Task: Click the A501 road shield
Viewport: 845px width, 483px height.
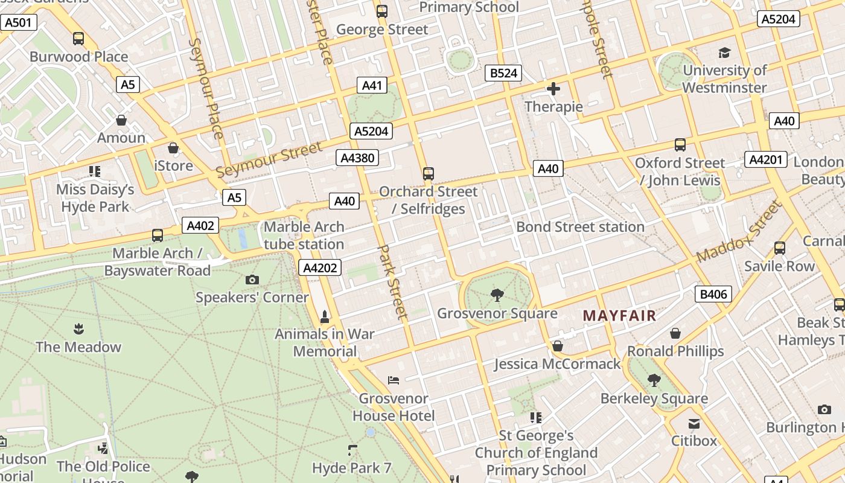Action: pos(19,23)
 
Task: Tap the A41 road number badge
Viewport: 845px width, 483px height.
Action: pos(372,85)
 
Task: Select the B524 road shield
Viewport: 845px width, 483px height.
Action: pos(503,73)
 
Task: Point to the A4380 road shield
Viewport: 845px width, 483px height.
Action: pos(357,158)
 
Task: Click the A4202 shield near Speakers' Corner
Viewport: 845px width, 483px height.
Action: pos(320,267)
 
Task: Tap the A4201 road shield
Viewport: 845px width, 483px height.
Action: pos(766,159)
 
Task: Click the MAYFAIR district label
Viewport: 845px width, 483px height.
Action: pos(619,315)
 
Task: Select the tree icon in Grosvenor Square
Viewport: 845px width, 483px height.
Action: pos(497,295)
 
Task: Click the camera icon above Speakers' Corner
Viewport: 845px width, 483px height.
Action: pos(252,280)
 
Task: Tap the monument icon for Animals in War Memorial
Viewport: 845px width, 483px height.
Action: pos(325,316)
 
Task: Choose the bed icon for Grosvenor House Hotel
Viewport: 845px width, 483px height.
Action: pos(394,380)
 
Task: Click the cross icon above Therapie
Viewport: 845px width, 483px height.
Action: pos(553,89)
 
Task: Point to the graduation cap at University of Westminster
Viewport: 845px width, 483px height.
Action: pos(724,53)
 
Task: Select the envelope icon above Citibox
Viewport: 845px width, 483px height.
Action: pos(694,424)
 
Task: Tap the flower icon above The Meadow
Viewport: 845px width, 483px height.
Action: pos(78,329)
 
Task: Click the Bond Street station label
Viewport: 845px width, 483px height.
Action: pos(580,227)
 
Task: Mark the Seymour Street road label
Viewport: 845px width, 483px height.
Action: pos(269,160)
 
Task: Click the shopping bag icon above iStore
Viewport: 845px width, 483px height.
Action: pos(174,148)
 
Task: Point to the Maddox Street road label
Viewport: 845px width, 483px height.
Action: pos(739,231)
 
